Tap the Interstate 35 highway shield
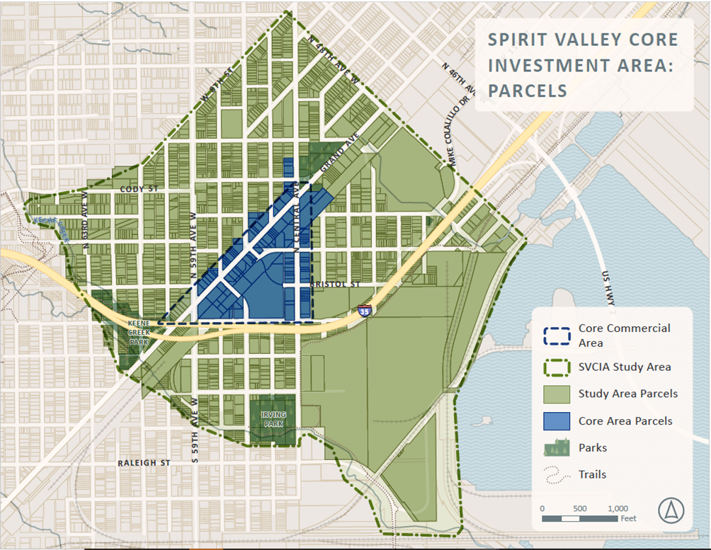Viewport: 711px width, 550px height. point(365,310)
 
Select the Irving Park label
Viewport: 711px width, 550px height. point(272,419)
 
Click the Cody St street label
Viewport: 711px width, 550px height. point(137,189)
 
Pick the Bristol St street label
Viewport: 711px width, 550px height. point(335,285)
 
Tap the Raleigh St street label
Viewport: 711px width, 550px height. point(144,463)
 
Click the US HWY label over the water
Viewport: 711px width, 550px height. point(607,287)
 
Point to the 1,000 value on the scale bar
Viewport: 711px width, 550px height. point(618,508)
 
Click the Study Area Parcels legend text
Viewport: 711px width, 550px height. point(627,394)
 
